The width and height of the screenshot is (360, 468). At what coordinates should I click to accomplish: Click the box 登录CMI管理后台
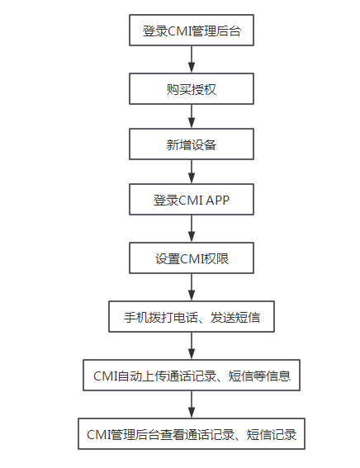[x=192, y=31]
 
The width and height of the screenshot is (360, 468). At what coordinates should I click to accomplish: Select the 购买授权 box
[x=192, y=88]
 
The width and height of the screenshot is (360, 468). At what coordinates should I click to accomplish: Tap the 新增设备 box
[x=192, y=144]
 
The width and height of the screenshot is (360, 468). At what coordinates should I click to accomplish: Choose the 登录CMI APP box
[x=192, y=201]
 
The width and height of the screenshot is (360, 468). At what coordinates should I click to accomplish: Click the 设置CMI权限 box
[x=192, y=258]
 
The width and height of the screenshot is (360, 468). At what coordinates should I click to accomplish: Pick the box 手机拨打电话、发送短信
[x=192, y=316]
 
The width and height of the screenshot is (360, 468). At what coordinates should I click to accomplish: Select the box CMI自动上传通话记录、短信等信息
[x=192, y=376]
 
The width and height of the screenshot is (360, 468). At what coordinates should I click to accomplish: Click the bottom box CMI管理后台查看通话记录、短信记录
[x=192, y=433]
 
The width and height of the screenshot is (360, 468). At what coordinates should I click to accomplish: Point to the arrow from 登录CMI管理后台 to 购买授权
[x=192, y=59]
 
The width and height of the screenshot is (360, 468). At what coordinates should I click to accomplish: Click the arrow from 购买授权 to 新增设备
[x=192, y=116]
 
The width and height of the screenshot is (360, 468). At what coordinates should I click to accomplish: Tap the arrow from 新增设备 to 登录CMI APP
[x=192, y=173]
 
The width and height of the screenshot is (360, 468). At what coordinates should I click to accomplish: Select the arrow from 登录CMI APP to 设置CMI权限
[x=192, y=229]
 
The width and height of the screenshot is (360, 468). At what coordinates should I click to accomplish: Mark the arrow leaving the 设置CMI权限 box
[x=192, y=287]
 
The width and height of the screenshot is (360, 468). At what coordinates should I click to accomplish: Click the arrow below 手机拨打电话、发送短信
[x=192, y=346]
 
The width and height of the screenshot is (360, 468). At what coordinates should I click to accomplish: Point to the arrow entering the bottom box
[x=192, y=404]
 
